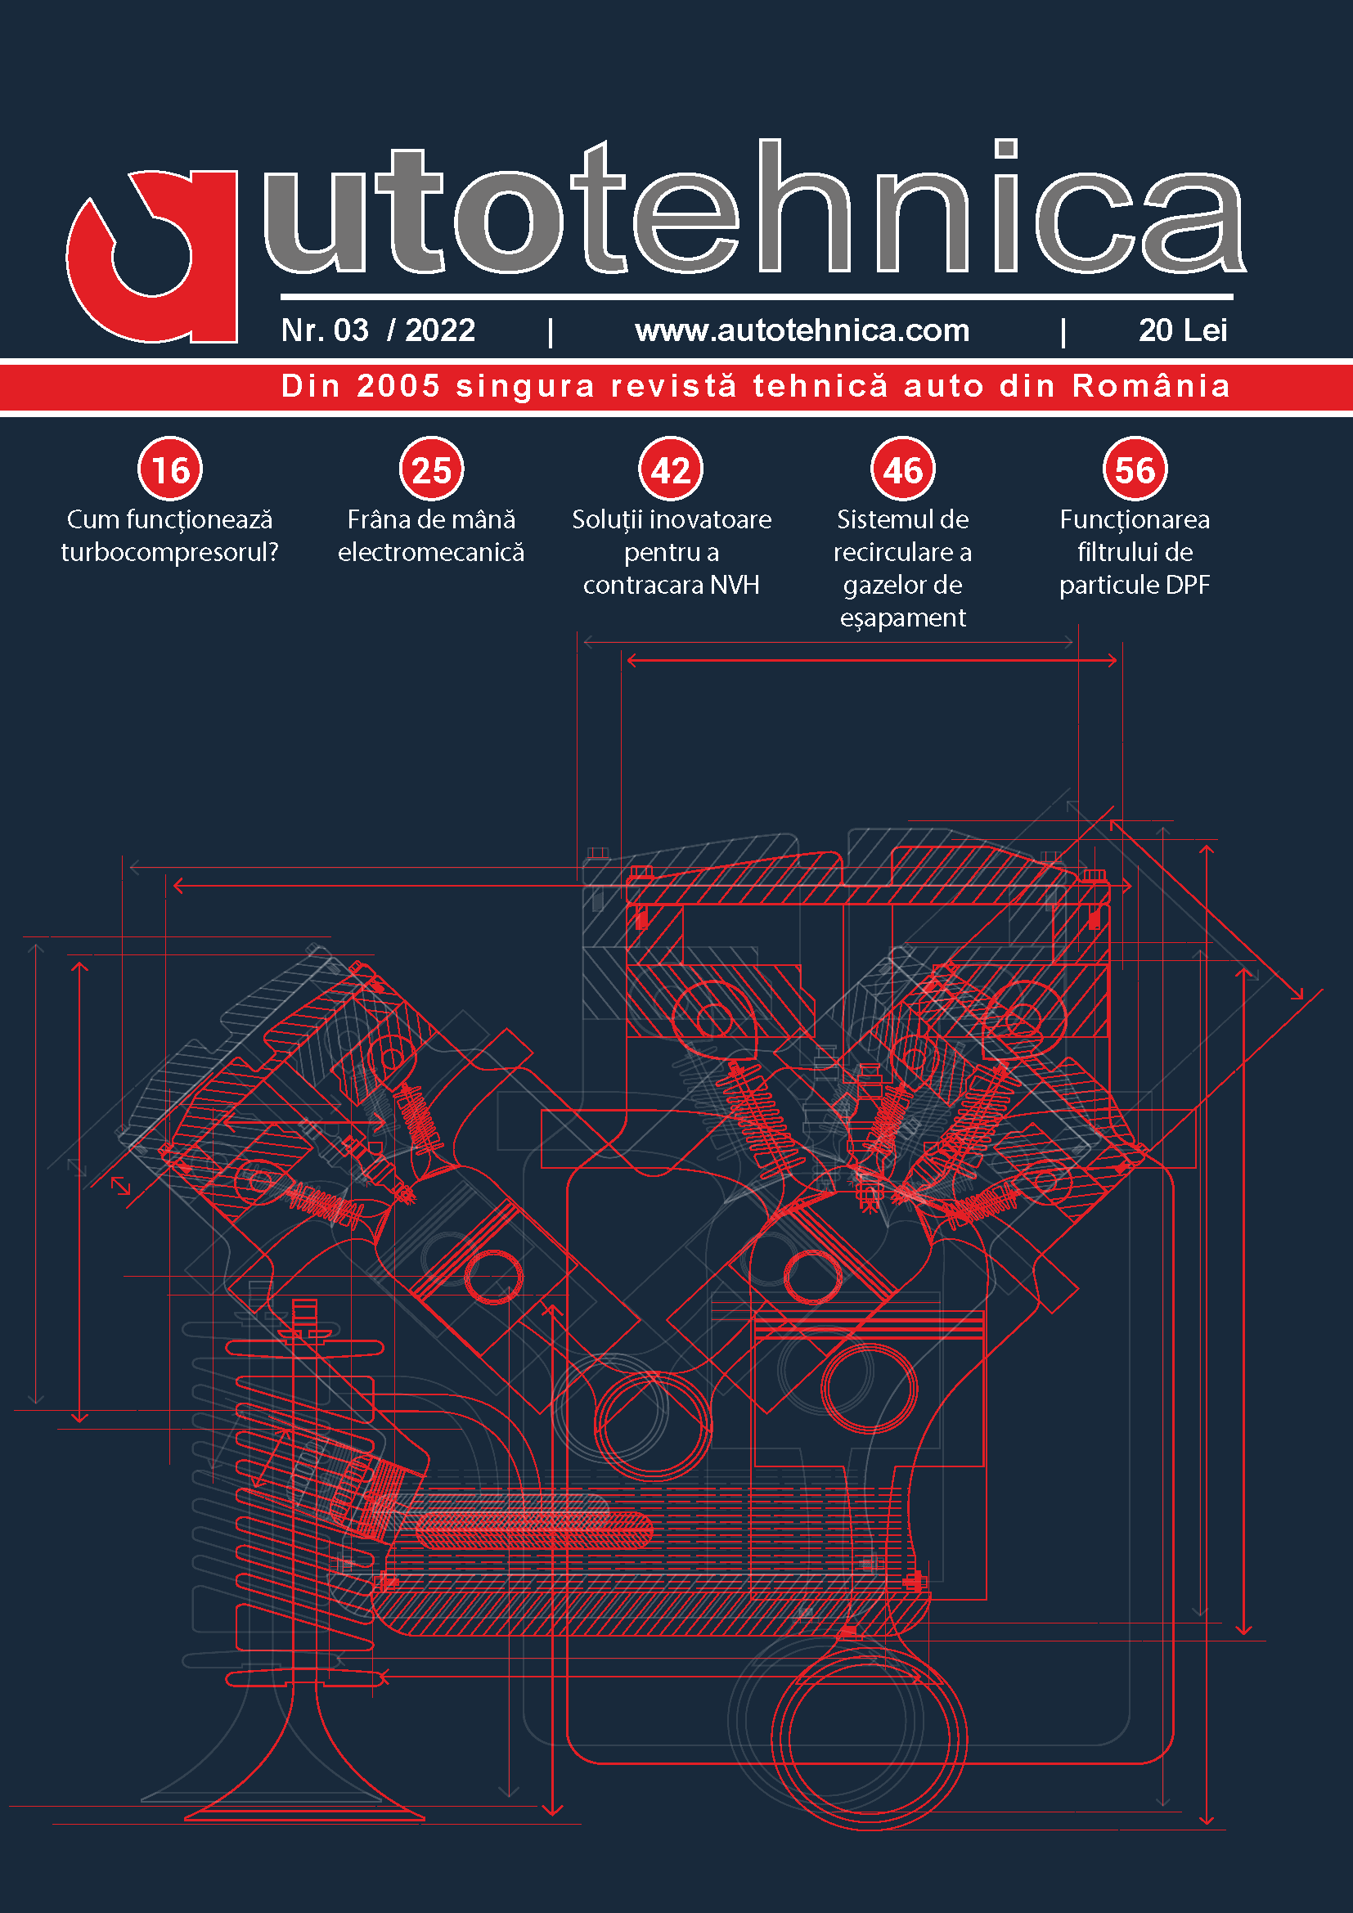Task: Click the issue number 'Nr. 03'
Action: [x=325, y=330]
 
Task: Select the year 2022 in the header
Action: [x=440, y=330]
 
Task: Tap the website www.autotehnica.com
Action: [x=802, y=330]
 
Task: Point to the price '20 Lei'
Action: [x=1182, y=330]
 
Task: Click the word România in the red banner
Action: [x=1151, y=386]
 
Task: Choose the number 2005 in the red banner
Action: [x=398, y=386]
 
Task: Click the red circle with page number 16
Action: [x=171, y=470]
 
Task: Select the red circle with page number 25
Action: [x=432, y=470]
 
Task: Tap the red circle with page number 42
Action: [x=671, y=470]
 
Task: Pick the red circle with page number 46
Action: [x=903, y=470]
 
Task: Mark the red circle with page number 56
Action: [x=1135, y=470]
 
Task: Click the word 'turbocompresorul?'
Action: [x=170, y=552]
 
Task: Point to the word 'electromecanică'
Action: [x=431, y=552]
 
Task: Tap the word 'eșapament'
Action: [x=903, y=618]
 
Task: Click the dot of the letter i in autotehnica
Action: [x=1006, y=148]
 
